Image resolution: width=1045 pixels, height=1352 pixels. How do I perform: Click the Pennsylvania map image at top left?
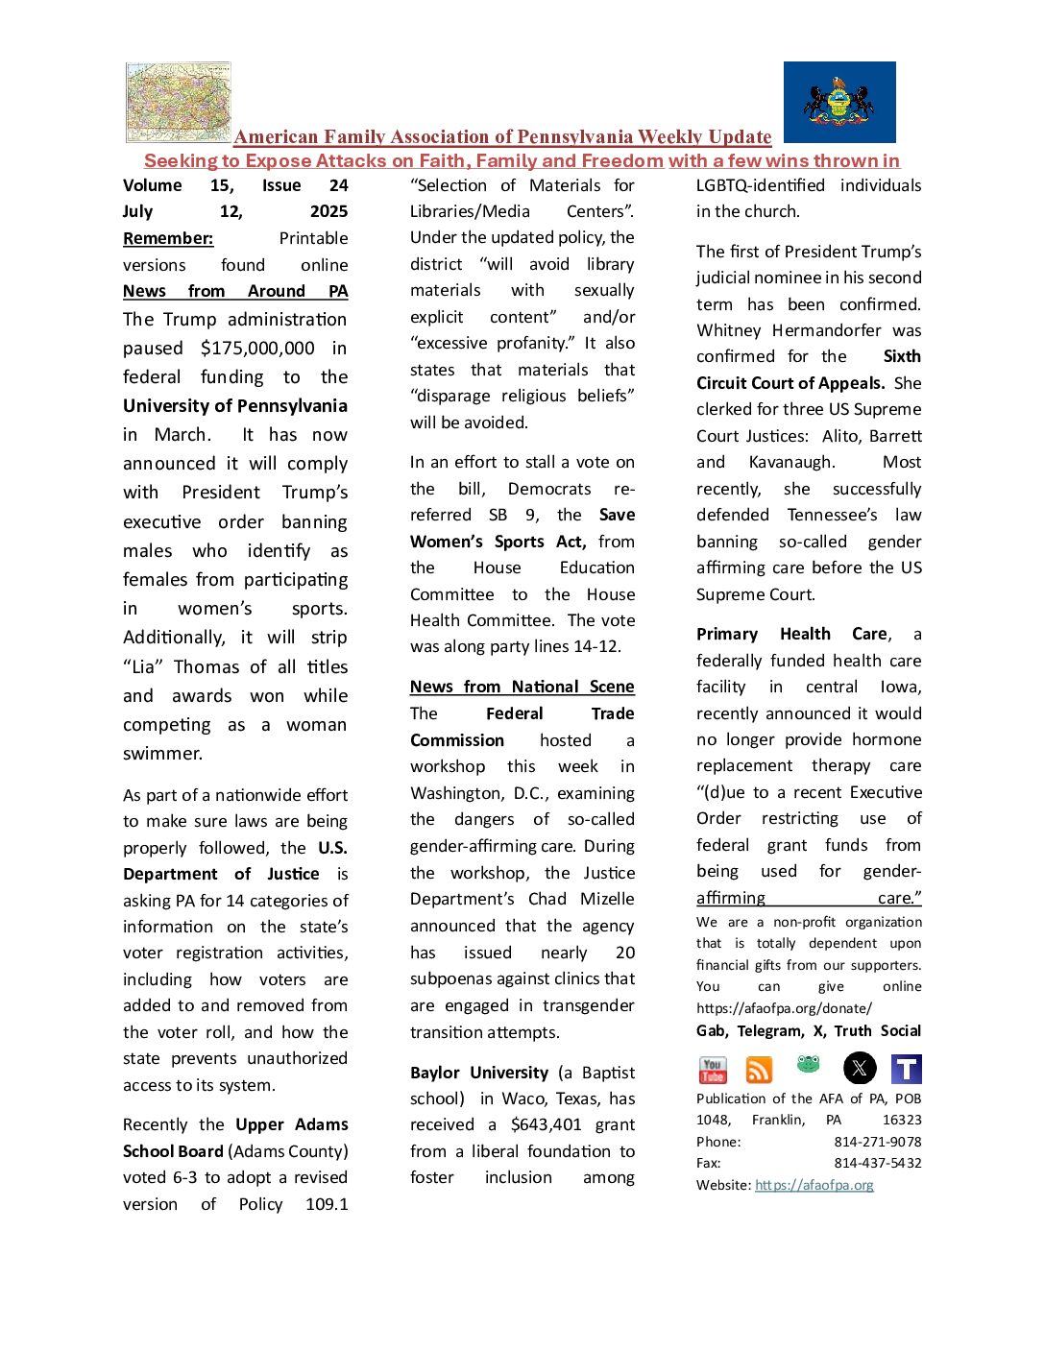click(x=179, y=102)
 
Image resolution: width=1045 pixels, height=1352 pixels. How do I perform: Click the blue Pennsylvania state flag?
click(x=839, y=102)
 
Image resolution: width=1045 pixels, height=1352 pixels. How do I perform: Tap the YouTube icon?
click(x=713, y=1069)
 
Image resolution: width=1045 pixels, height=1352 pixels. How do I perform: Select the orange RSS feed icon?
click(x=760, y=1070)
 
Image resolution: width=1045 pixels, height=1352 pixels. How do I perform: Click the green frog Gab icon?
click(x=809, y=1064)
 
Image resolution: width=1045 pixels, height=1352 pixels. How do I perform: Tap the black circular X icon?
click(x=860, y=1068)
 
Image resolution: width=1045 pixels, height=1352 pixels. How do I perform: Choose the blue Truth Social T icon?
click(x=907, y=1069)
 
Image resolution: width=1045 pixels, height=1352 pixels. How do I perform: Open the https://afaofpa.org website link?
click(x=814, y=1185)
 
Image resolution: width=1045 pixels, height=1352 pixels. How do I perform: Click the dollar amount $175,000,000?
click(x=257, y=349)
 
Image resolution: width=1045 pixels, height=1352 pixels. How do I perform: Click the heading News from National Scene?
click(x=522, y=687)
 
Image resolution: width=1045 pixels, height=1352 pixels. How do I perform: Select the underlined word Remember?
click(x=168, y=238)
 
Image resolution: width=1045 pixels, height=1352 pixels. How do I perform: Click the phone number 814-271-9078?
click(x=878, y=1142)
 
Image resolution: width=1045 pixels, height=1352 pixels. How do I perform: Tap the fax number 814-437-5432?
click(x=878, y=1163)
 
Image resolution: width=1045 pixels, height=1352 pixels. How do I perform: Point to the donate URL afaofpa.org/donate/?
click(x=784, y=1008)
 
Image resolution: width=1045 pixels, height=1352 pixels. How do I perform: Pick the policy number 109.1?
click(x=327, y=1204)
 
